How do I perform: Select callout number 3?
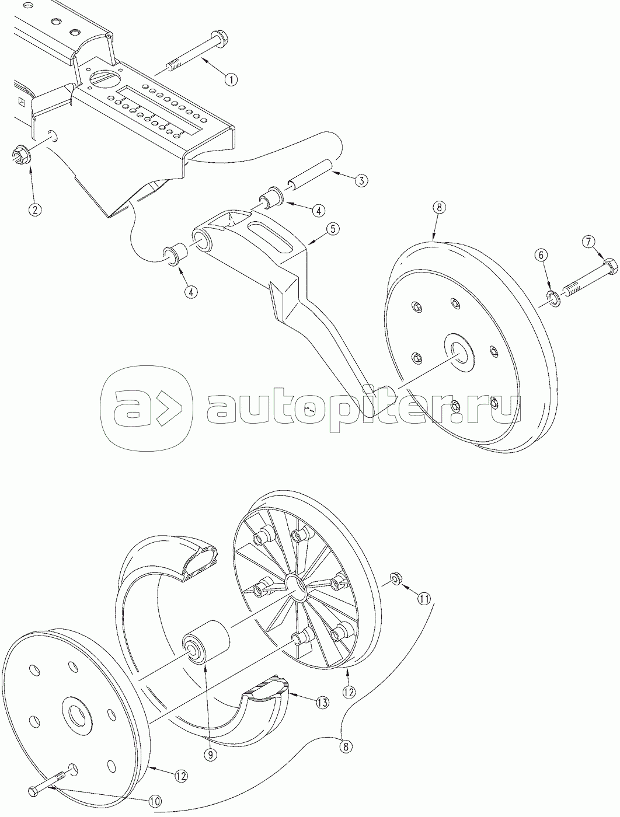pos(361,180)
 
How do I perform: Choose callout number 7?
pos(588,242)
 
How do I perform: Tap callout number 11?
pos(423,598)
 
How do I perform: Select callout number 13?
pos(322,703)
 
